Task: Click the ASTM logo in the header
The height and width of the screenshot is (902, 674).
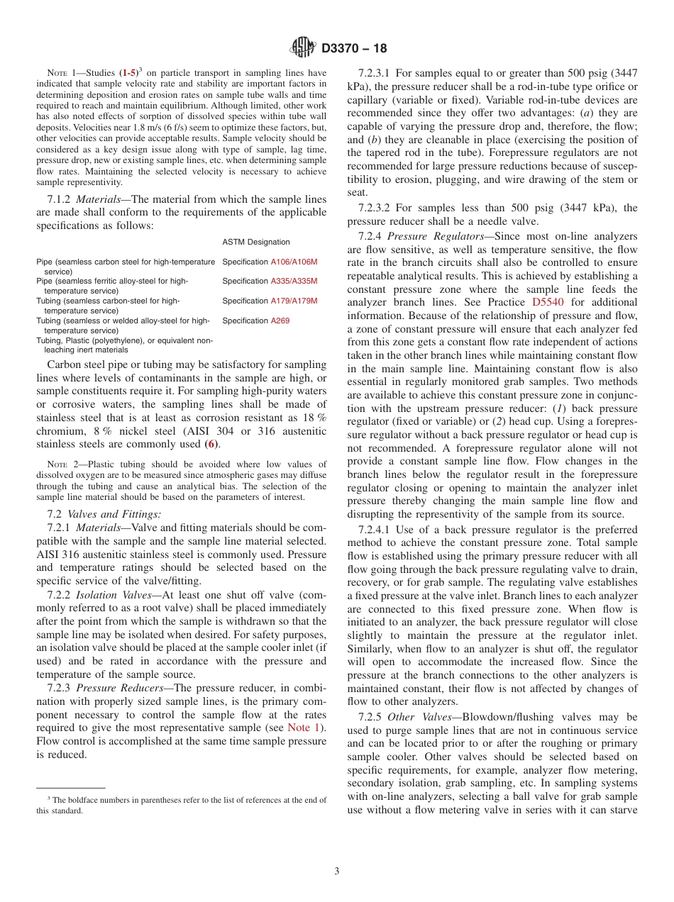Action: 304,48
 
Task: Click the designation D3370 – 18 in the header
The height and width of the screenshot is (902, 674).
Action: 355,49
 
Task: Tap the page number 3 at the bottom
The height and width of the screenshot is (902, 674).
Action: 337,871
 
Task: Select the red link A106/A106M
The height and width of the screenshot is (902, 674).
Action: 294,262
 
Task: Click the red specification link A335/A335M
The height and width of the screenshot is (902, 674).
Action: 294,281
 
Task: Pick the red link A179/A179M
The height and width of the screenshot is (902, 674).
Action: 294,301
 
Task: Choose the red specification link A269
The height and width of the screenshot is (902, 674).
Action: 280,321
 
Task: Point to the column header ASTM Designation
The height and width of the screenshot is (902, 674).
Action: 255,242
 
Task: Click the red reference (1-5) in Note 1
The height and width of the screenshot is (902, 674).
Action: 128,72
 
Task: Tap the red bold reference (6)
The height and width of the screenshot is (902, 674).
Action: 211,444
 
